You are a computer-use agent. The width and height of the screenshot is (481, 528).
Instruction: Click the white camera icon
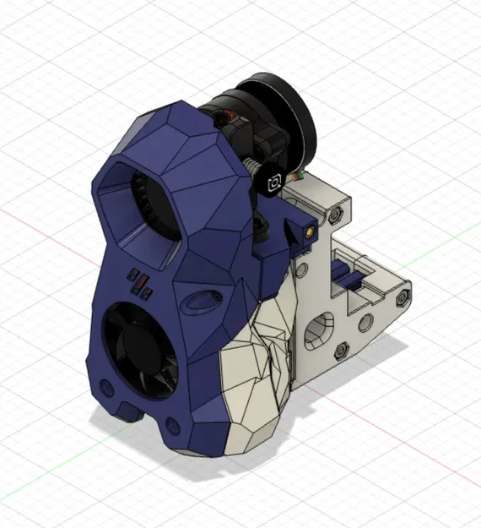tap(274, 183)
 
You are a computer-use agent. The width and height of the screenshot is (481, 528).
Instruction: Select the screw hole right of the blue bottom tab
tap(173, 425)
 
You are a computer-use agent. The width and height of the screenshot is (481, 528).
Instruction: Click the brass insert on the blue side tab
tap(311, 230)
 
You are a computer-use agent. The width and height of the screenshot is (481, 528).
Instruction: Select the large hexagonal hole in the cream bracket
tap(319, 329)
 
